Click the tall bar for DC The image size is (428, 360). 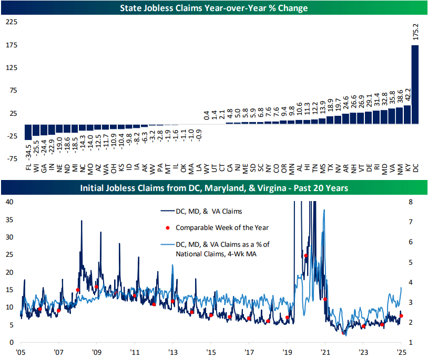pyautogui.click(x=415, y=84)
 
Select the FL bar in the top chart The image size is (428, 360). pyautogui.click(x=28, y=132)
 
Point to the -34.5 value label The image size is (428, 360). pyautogui.click(x=28, y=153)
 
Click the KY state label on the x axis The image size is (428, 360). pyautogui.click(x=407, y=168)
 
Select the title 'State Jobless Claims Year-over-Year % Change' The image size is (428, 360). pyautogui.click(x=213, y=8)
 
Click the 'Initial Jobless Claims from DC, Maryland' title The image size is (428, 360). pyautogui.click(x=213, y=188)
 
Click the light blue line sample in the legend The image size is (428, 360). pyautogui.click(x=166, y=245)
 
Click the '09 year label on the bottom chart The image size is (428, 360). pyautogui.click(x=96, y=352)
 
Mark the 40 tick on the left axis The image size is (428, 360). pyautogui.click(x=9, y=202)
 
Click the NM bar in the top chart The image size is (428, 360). pyautogui.click(x=399, y=115)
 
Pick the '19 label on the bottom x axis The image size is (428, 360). pyautogui.click(x=287, y=352)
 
